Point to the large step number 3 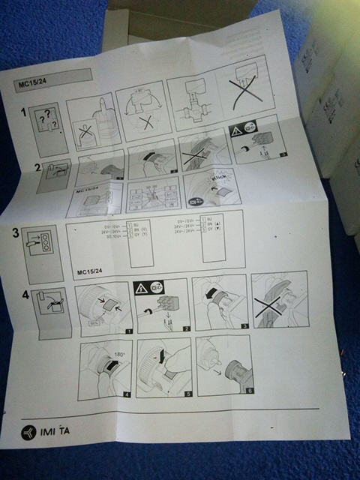27,232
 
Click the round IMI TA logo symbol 29,433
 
